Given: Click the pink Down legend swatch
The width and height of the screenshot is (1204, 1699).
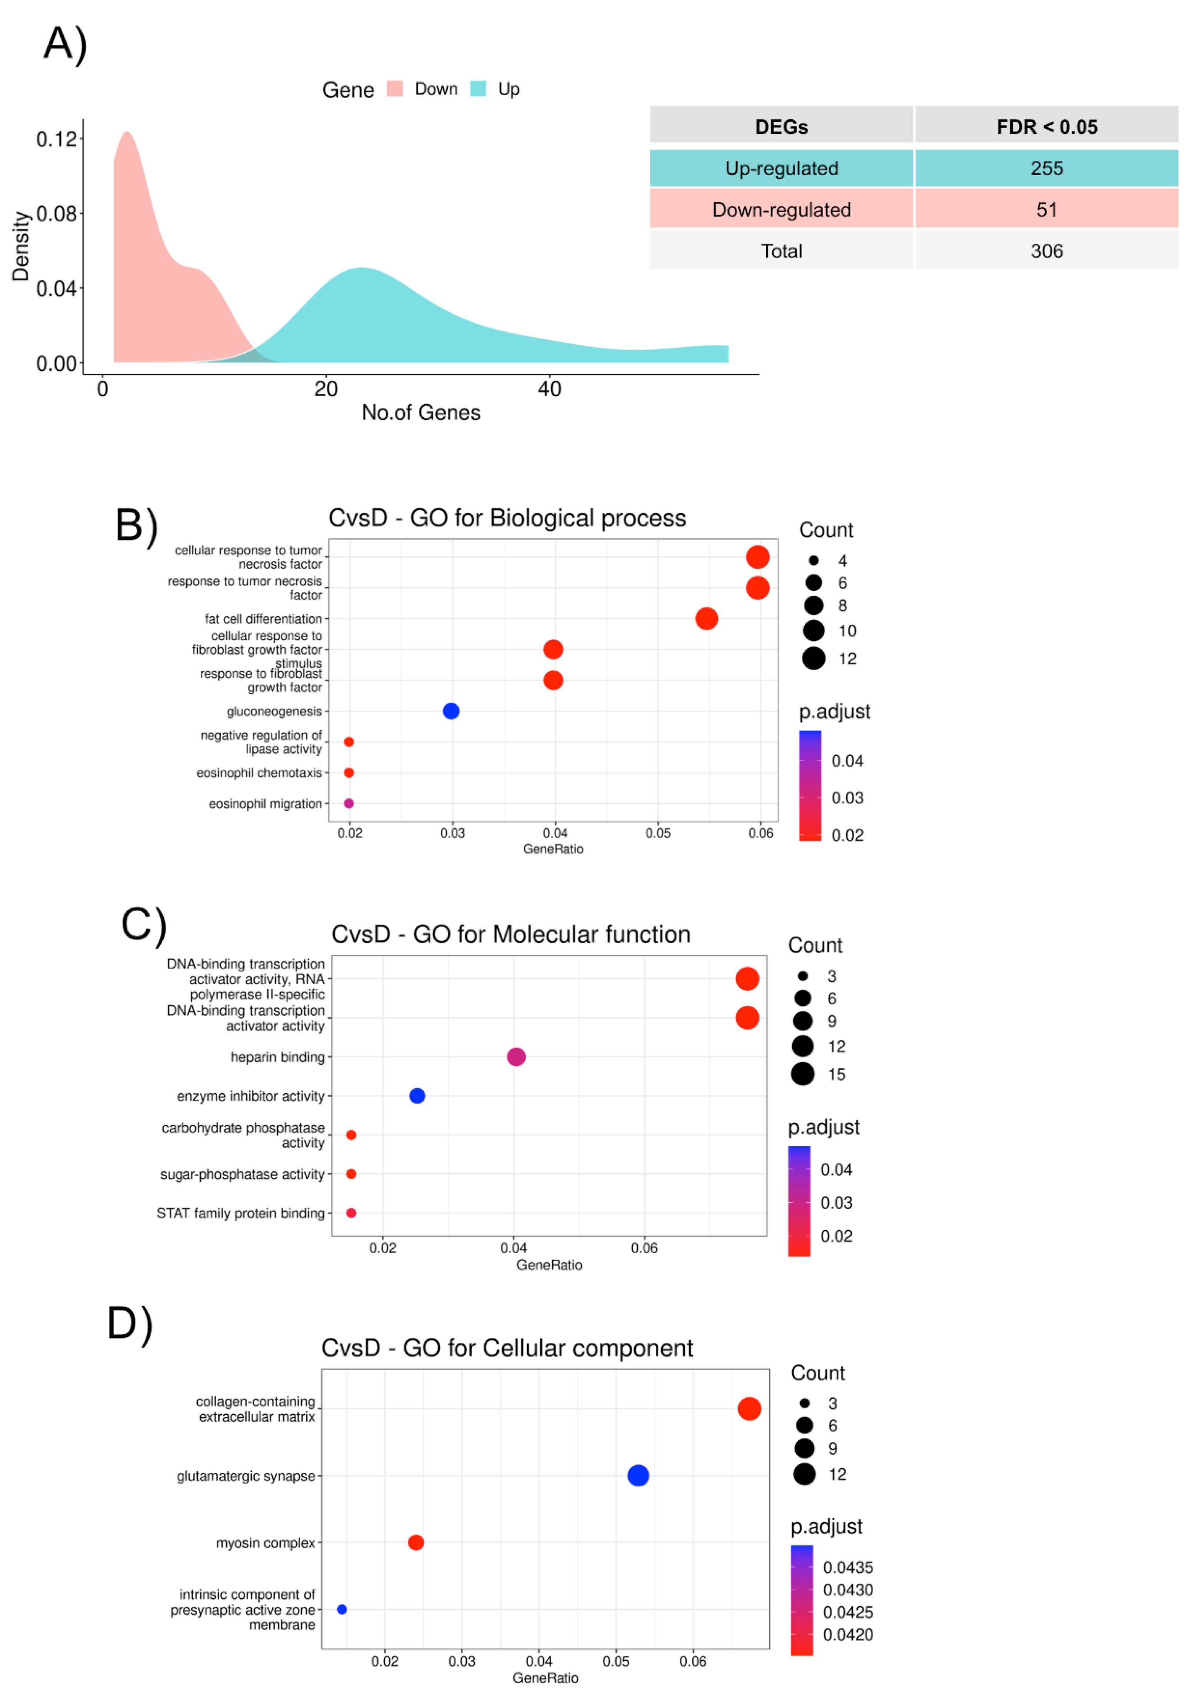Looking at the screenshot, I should [x=394, y=89].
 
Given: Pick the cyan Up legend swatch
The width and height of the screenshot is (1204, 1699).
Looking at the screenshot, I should [x=478, y=89].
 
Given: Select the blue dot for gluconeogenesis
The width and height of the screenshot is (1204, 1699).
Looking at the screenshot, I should [x=451, y=711].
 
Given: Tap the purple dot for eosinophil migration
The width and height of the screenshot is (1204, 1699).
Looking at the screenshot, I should [x=348, y=804].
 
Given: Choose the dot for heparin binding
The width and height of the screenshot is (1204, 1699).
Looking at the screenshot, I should [x=516, y=1056].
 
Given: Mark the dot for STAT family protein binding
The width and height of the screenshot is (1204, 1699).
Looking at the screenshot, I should [x=351, y=1213].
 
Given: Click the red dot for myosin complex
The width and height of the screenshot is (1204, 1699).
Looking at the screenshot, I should [x=416, y=1542].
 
